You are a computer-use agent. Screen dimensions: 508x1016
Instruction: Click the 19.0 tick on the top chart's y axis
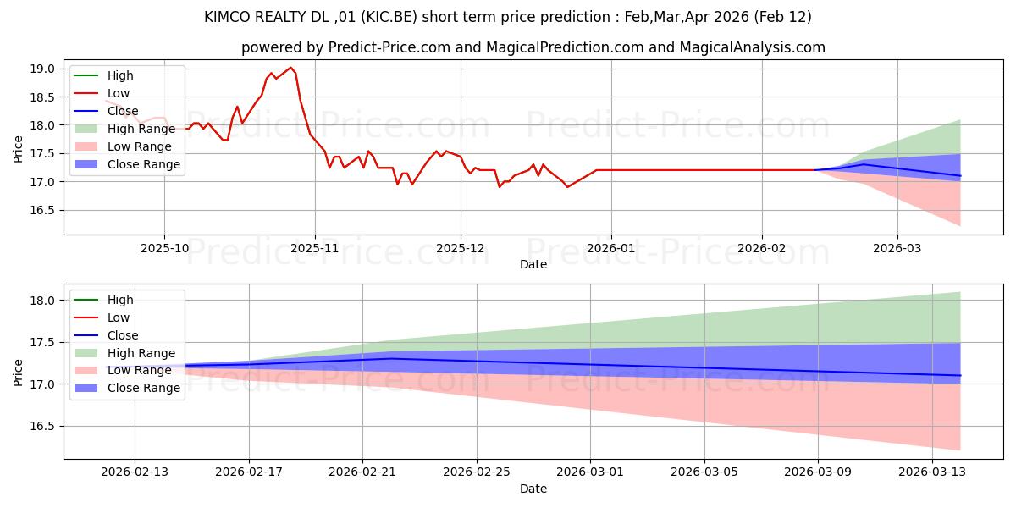tap(44, 69)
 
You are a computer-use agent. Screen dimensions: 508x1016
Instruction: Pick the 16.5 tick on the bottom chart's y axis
tap(44, 426)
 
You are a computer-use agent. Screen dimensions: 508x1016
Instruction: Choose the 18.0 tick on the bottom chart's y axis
tap(44, 301)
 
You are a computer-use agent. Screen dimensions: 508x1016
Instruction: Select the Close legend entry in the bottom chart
tap(123, 335)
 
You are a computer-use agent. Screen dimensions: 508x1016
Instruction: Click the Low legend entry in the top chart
tap(119, 93)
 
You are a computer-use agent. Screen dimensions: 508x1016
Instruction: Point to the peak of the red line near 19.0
tap(290, 68)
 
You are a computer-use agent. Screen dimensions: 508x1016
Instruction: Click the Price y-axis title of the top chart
tap(19, 148)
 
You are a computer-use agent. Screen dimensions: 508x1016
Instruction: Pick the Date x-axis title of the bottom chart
tap(533, 489)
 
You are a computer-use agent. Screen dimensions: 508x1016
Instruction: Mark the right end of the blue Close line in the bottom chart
tap(960, 375)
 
